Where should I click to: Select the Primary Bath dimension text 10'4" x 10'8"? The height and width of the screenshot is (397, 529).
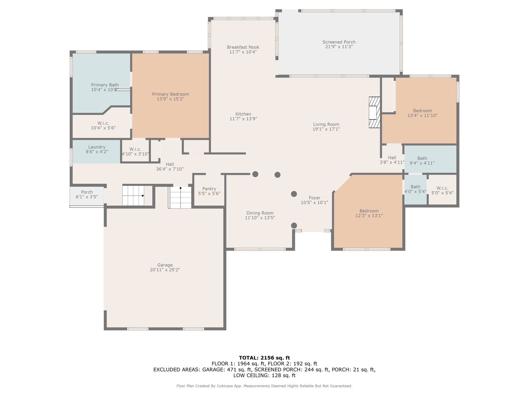pos(105,90)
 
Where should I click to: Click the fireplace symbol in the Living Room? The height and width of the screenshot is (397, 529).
pos(374,112)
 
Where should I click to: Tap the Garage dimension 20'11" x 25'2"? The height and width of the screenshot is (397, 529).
pos(165,270)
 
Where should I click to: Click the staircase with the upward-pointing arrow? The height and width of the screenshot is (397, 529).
pos(180,197)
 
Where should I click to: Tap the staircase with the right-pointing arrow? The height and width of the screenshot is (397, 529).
pos(133,196)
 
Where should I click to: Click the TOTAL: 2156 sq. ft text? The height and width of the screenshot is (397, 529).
pos(264,358)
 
